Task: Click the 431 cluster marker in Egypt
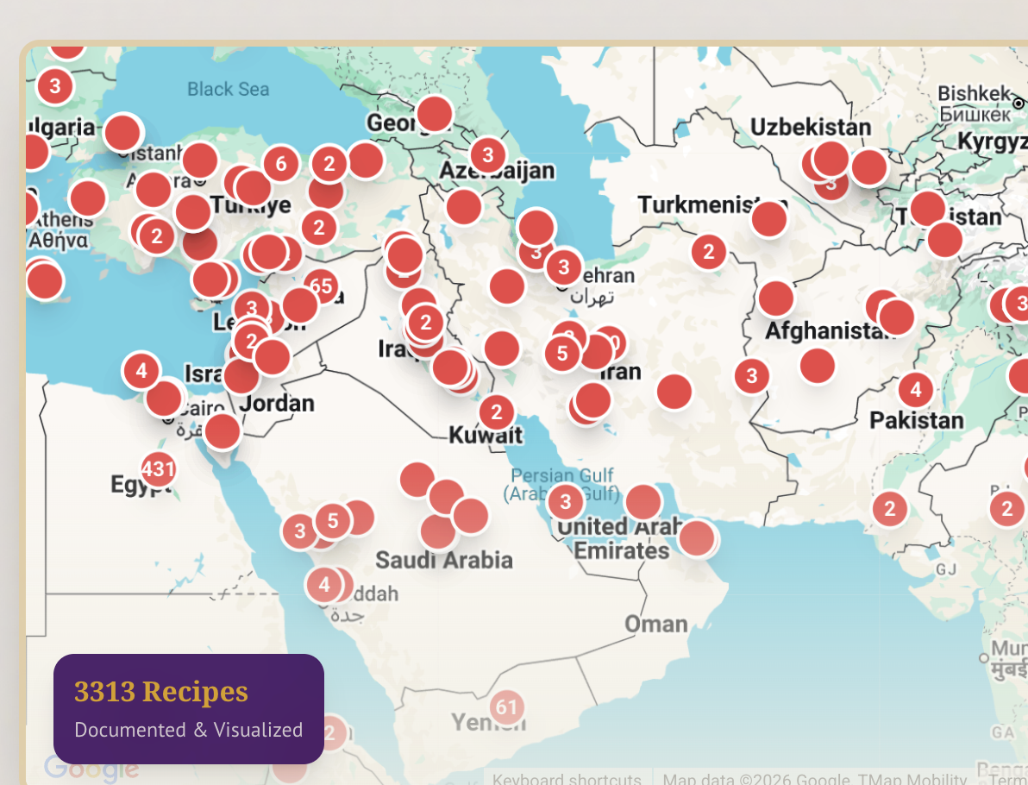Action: pos(158,469)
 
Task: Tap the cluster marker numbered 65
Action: pos(321,286)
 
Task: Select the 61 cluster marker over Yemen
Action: pos(507,708)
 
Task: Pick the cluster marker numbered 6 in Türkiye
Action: pos(280,163)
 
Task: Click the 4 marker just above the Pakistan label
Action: pos(915,390)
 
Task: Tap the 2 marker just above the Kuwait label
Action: pos(496,412)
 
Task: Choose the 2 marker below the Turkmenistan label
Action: pos(709,252)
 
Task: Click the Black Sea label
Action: pos(228,89)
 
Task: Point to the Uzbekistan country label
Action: pos(810,128)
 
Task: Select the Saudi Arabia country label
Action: pos(443,561)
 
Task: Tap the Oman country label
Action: pos(656,624)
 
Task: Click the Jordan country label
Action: pos(277,403)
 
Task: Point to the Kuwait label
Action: pos(486,435)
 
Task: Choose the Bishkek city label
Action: pos(974,93)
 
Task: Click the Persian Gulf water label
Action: pos(562,475)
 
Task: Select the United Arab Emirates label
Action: pos(621,538)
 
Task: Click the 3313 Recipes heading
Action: pos(161,692)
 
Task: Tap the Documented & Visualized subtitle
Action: pos(188,730)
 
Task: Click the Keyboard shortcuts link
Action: pos(566,778)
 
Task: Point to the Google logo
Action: pos(91,768)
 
